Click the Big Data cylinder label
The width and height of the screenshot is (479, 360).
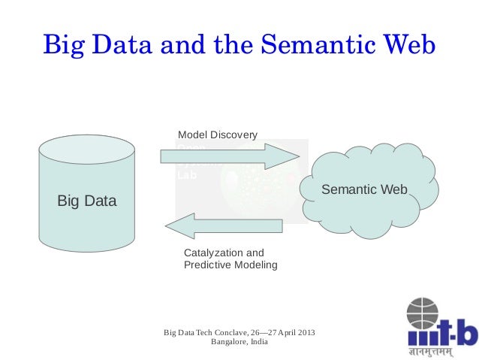87,201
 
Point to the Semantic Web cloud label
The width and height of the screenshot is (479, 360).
364,190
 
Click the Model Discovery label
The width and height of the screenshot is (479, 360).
217,135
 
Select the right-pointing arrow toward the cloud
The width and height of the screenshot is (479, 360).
230,156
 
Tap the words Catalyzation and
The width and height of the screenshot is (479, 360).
224,253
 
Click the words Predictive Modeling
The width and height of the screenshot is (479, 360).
230,265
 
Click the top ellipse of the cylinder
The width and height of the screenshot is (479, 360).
88,150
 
